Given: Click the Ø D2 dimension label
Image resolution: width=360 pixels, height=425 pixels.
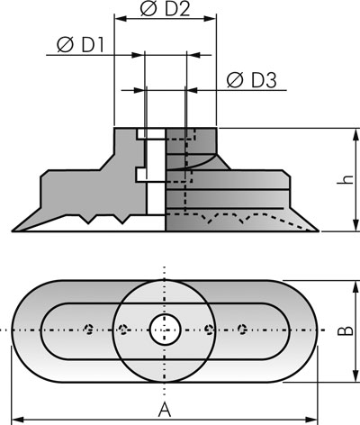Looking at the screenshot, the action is pos(165,9).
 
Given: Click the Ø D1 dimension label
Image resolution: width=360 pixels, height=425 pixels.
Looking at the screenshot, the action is pos(80,45).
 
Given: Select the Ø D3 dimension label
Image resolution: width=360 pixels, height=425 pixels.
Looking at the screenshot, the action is pos(251,80).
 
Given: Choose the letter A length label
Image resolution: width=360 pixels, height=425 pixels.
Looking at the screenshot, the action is pos(165,410).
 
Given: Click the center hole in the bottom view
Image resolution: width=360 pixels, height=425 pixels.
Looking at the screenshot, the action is pos(165,330).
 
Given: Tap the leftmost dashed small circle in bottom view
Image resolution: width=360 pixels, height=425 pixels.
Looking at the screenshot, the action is pos(89,330).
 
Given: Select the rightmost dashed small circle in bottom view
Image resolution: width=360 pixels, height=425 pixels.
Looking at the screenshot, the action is pos(242,330).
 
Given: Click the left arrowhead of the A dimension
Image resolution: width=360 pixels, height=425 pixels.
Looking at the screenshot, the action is pos(16,419).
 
